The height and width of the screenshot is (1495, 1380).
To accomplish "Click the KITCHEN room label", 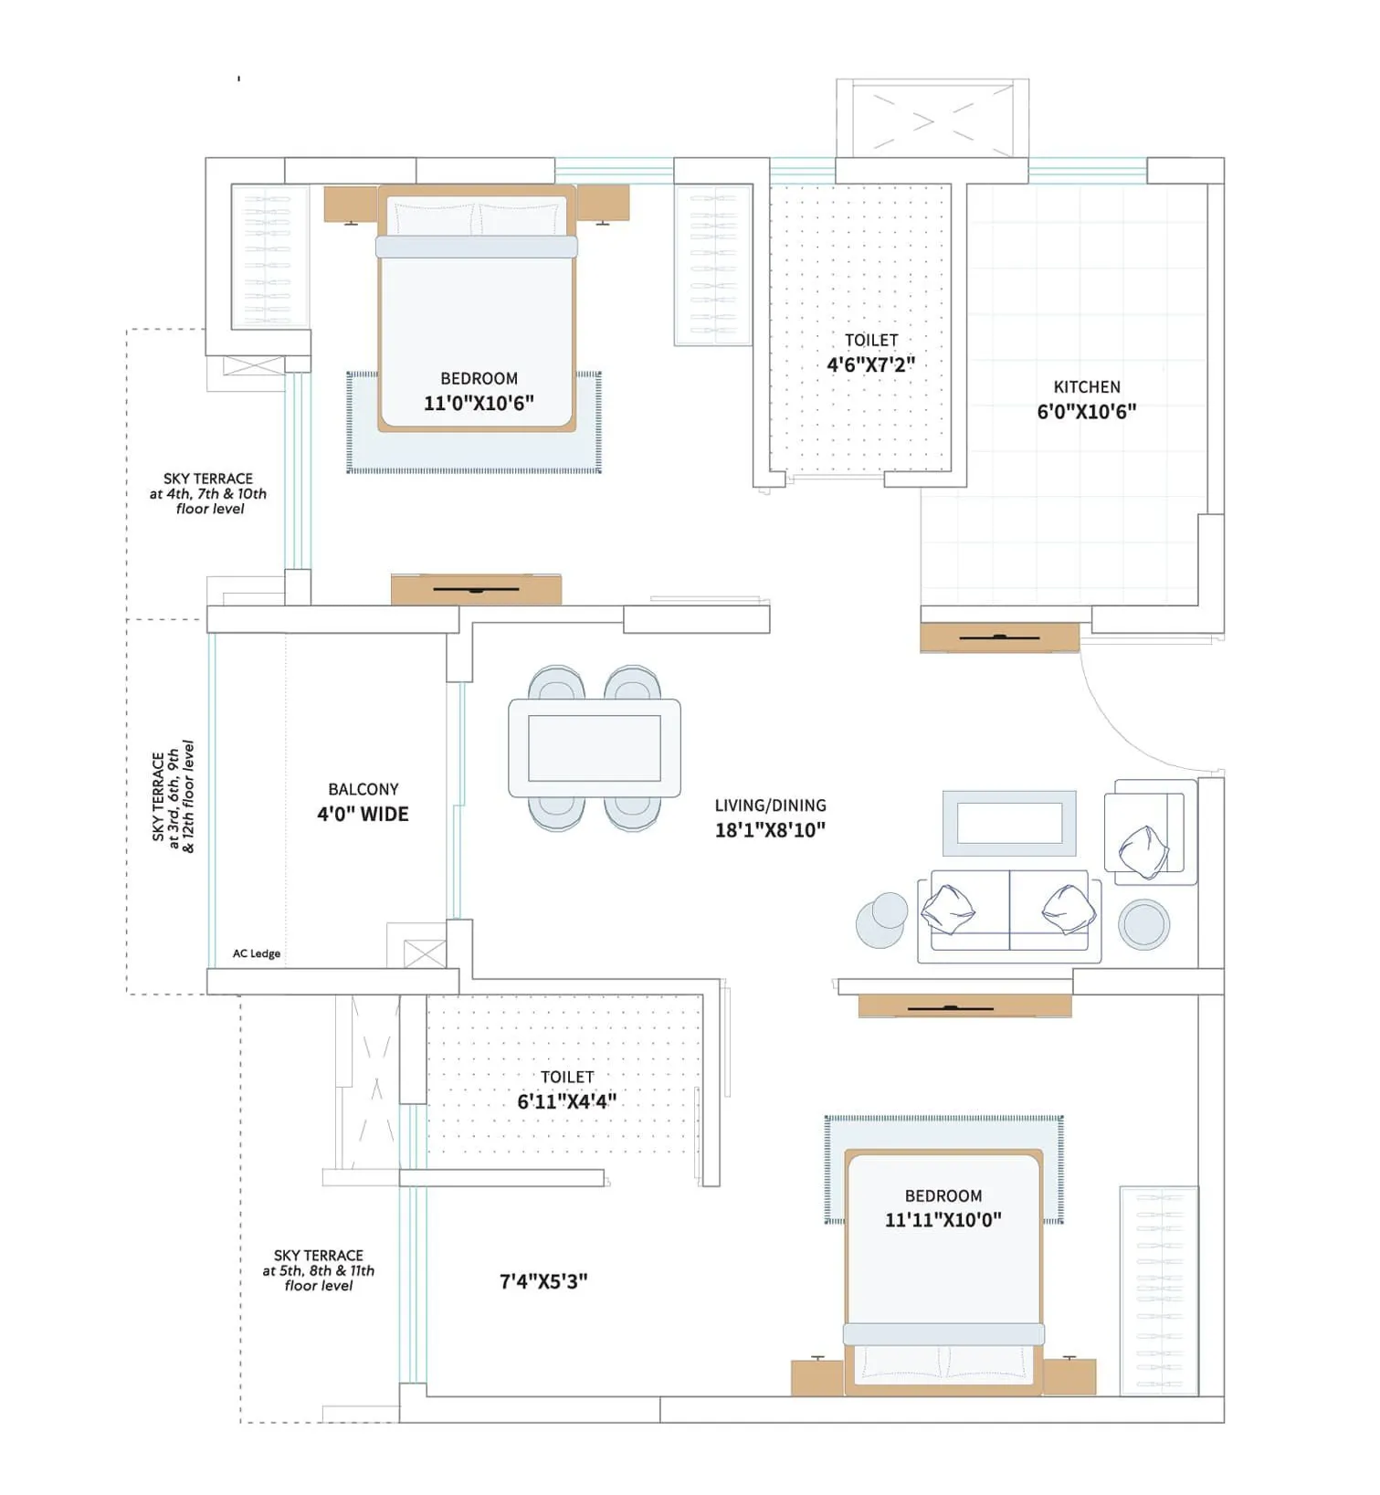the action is (1087, 387).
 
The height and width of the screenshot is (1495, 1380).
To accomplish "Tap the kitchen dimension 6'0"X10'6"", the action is (1087, 412).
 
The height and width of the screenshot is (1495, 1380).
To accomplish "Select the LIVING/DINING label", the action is (770, 805).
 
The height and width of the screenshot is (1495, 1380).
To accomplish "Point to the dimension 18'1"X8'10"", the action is (770, 830).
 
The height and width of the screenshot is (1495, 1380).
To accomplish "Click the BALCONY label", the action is (363, 789).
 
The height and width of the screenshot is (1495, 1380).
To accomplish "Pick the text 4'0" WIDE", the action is (363, 814).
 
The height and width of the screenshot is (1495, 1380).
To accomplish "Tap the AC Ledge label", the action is (257, 953).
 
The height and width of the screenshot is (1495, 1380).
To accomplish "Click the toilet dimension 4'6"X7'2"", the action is (870, 364).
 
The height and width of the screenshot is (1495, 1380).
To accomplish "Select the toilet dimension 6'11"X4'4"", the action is (567, 1101).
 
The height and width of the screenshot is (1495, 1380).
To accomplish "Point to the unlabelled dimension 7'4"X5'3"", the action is (543, 1281).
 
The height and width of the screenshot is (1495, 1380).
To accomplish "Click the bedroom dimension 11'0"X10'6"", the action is (479, 403).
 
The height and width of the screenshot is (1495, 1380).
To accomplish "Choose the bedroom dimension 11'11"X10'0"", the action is (943, 1219).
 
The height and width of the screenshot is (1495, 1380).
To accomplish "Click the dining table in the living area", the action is (595, 748).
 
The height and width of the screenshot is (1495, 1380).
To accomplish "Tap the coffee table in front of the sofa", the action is (1009, 823).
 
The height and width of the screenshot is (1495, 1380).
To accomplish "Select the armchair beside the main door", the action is (1151, 832).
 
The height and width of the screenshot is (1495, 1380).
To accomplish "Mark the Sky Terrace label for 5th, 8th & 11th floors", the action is (318, 1270).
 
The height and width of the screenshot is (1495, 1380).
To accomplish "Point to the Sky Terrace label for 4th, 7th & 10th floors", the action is (208, 494).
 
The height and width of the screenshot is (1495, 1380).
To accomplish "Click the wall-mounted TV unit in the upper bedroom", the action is (476, 589).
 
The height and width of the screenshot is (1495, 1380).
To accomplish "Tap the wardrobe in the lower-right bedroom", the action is (1159, 1290).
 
